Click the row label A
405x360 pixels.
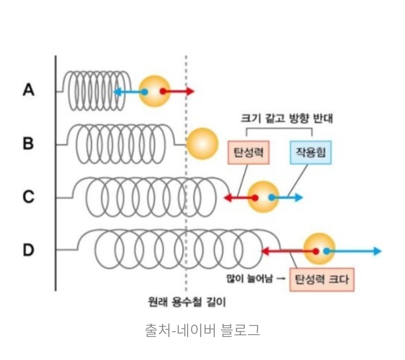click(x=29, y=90)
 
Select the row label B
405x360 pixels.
click(x=28, y=143)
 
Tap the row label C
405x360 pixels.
click(x=28, y=197)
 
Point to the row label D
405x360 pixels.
click(x=29, y=250)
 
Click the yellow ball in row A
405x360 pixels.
click(x=154, y=91)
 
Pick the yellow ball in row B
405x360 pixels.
click(x=202, y=143)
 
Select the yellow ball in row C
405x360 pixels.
click(x=263, y=197)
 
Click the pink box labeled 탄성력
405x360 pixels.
click(x=249, y=153)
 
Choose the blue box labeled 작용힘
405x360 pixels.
click(x=310, y=153)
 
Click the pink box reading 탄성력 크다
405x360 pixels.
click(x=322, y=279)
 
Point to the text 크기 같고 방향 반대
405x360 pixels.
click(x=286, y=118)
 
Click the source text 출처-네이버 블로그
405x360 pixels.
click(x=202, y=330)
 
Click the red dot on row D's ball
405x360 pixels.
click(x=316, y=251)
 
